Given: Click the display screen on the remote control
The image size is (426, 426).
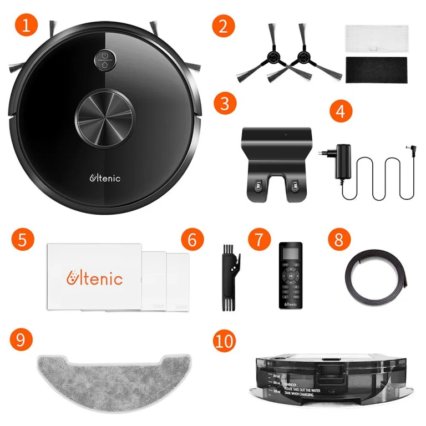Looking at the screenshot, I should tap(291, 257).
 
